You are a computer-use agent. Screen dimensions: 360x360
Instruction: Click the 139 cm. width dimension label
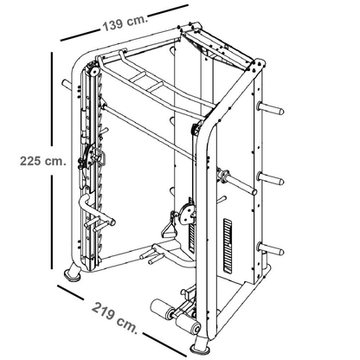(125, 23)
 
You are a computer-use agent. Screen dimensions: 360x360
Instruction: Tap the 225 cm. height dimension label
(43, 161)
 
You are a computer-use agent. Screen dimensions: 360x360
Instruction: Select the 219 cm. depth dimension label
(114, 318)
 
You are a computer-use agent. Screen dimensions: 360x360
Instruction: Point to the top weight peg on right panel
(271, 108)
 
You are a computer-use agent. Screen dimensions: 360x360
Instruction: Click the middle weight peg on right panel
(271, 177)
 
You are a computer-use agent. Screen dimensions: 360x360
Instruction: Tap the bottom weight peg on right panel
(271, 248)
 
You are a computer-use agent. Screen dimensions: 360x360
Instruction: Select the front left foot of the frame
(73, 273)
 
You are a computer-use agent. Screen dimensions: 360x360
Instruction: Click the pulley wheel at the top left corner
(93, 71)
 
